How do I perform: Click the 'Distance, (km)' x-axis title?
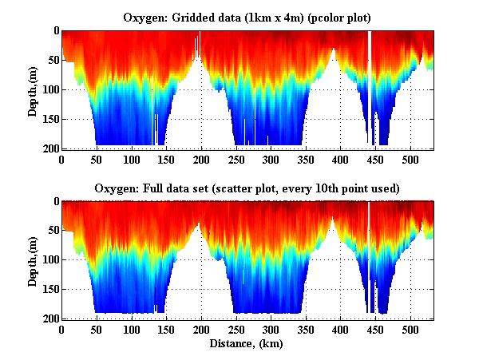(x=247, y=344)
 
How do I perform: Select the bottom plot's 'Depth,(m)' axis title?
(x=33, y=259)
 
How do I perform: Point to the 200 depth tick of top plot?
(x=49, y=148)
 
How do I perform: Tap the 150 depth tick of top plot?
(x=49, y=119)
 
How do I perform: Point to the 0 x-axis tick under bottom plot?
(x=61, y=329)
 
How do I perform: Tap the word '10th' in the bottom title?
(x=323, y=188)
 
